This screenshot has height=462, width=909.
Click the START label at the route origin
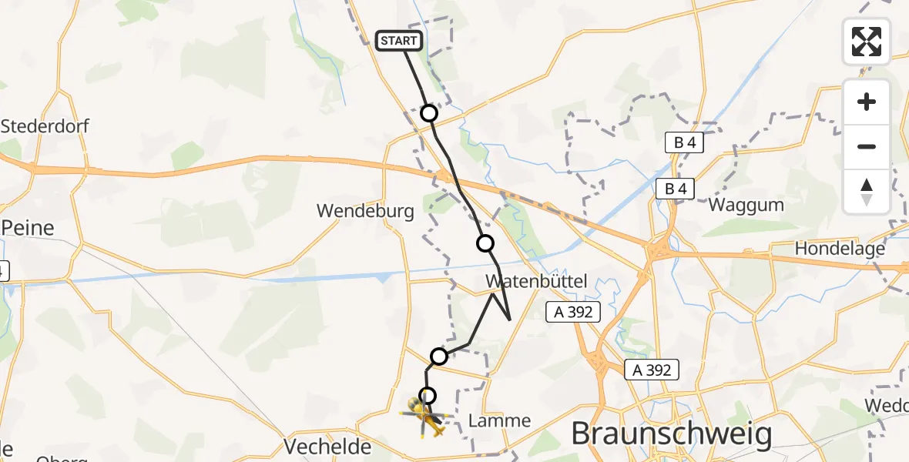point(399,41)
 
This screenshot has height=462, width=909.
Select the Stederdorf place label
point(45,126)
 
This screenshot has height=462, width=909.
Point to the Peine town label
point(28,228)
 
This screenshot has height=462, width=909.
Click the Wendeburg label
point(365,210)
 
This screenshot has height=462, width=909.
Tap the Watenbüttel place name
point(536,282)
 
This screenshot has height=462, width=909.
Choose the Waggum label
point(746,205)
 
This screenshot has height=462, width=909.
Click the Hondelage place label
point(840,249)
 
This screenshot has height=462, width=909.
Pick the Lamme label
point(500,420)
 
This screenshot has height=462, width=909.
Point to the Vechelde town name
point(328,447)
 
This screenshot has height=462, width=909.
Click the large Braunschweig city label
point(671,434)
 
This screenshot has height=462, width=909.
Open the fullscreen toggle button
point(867,42)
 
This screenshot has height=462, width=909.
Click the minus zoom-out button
point(867,146)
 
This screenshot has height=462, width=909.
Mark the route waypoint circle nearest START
point(429,114)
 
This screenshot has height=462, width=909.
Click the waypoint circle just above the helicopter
point(427,396)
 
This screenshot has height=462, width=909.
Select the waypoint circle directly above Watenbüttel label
point(485,244)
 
